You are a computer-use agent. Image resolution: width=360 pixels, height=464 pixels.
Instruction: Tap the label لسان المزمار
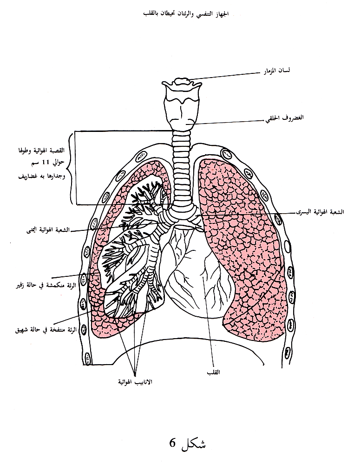(x=277, y=71)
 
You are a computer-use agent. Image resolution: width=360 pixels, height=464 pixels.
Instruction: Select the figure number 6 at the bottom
(x=172, y=442)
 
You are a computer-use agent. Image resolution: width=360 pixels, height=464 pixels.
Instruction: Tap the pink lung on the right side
(x=242, y=242)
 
